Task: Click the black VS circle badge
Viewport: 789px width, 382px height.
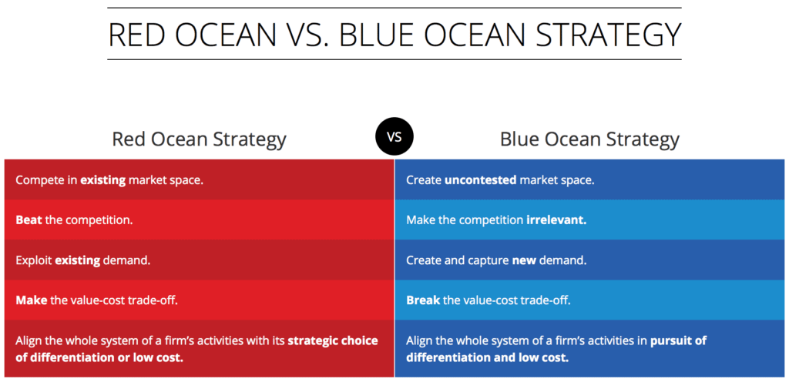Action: click(x=394, y=137)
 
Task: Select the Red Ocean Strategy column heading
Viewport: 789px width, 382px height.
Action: click(x=199, y=139)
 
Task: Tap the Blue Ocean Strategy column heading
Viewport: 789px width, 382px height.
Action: click(x=589, y=139)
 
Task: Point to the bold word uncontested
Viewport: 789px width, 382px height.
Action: click(x=481, y=180)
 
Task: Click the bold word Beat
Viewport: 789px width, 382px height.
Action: click(x=29, y=219)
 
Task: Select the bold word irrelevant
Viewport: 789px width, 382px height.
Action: click(x=556, y=219)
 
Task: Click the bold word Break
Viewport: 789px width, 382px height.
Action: click(x=423, y=300)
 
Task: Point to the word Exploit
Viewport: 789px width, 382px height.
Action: click(x=34, y=261)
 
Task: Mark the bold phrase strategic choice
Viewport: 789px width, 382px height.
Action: click(x=333, y=340)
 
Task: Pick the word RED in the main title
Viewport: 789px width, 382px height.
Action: click(x=136, y=34)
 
